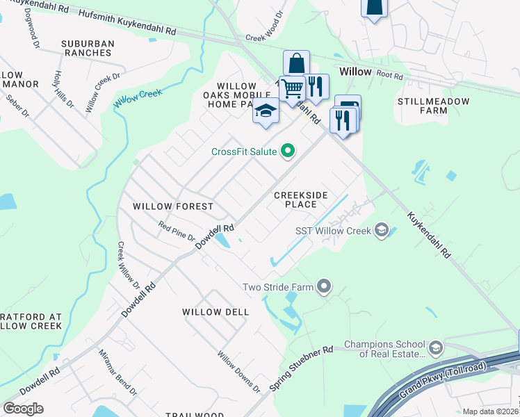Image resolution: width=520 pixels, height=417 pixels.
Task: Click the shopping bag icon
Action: point(296,63)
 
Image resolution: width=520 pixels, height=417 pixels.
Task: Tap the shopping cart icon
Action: point(292,89)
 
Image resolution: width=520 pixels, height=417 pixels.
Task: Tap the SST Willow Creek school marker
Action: point(380,230)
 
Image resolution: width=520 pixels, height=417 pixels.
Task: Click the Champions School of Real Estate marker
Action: point(435,347)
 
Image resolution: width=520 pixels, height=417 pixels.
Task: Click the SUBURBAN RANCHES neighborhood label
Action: point(87,48)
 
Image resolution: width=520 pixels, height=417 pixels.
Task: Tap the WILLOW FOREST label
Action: point(173,206)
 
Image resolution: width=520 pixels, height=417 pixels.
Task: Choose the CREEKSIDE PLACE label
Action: point(300,200)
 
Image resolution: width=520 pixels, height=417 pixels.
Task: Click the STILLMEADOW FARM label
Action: point(432,106)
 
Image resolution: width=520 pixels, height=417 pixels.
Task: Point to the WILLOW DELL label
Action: point(216,312)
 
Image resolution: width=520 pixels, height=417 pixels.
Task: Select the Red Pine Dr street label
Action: point(177,231)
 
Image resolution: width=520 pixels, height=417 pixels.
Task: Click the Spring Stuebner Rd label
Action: point(302,368)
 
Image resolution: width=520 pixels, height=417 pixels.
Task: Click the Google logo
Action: point(23,408)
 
